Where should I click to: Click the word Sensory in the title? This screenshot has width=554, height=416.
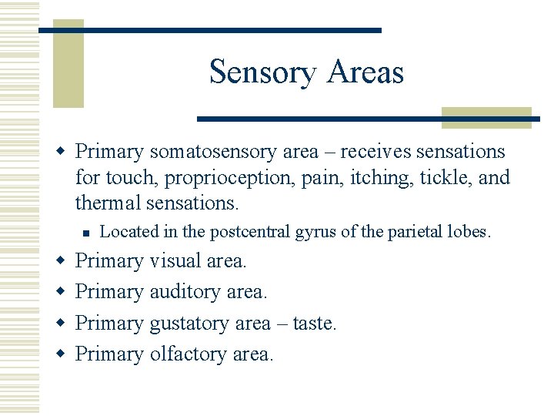coord(262,72)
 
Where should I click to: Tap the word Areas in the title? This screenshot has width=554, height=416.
coord(365,72)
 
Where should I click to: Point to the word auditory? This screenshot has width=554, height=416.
coord(185,292)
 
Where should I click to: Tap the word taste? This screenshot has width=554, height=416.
coord(315,324)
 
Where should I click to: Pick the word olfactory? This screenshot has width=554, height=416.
coord(187,354)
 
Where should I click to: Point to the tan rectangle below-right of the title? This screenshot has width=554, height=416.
coord(486,117)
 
